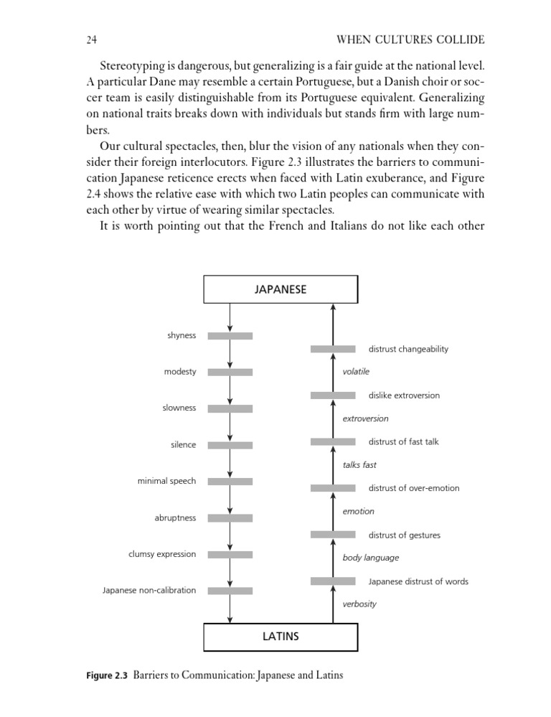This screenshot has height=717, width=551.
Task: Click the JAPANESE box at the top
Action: click(281, 289)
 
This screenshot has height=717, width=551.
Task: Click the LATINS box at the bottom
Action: click(281, 636)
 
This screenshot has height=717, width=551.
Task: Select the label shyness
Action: click(182, 335)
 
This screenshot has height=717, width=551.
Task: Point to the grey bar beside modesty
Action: click(230, 372)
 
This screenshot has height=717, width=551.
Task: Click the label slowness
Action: click(179, 408)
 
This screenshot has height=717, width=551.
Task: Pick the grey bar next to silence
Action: click(230, 445)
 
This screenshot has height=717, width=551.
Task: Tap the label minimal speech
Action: click(166, 481)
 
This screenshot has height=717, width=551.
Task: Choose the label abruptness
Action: click(175, 517)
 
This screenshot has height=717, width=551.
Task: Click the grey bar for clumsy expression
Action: click(230, 554)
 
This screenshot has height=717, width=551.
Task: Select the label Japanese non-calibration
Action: click(149, 590)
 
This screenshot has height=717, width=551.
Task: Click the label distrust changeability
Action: click(408, 349)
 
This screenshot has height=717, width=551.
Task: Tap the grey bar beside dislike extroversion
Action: click(333, 395)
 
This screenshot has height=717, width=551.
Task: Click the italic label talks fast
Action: click(359, 464)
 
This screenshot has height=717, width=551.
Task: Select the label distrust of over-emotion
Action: click(414, 488)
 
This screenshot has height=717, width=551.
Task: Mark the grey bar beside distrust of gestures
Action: click(333, 535)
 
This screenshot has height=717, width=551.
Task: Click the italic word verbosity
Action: click(359, 604)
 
